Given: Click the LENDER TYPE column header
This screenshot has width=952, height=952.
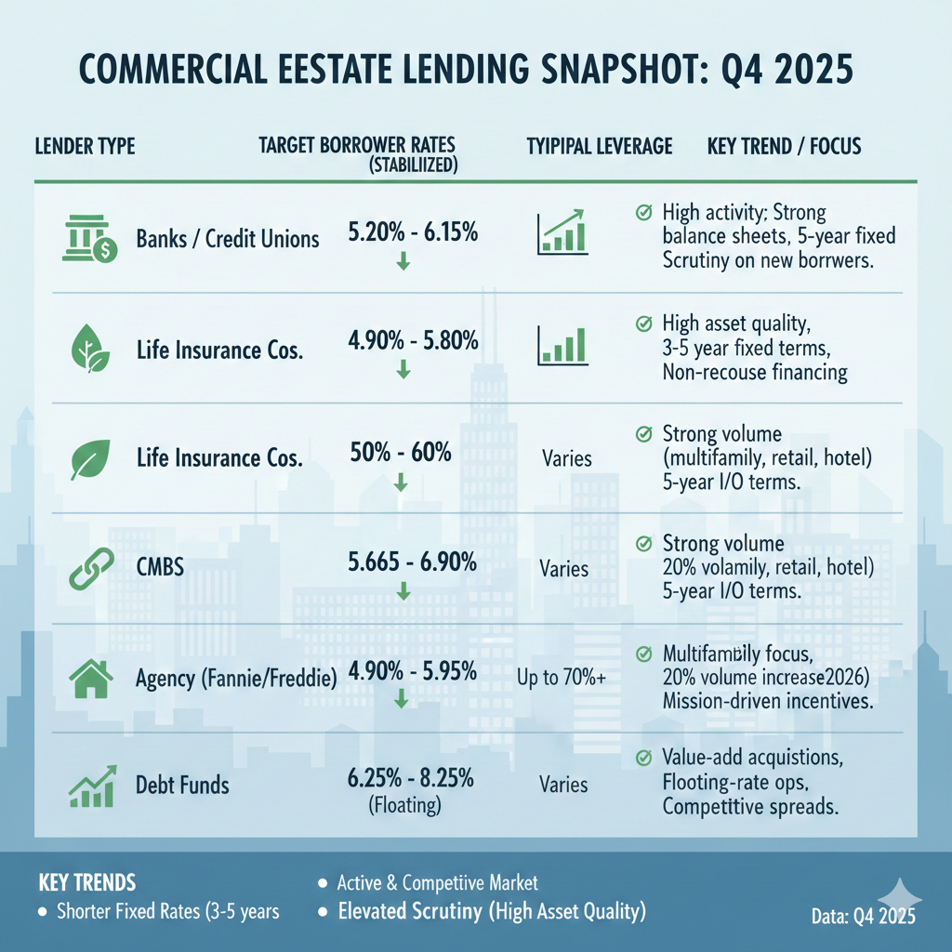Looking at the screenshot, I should click(x=85, y=146).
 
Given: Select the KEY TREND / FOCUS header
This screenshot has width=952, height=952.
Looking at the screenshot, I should click(x=784, y=146).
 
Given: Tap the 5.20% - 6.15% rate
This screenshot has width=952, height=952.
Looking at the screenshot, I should click(x=412, y=233).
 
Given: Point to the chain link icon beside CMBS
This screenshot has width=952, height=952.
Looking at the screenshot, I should click(x=90, y=566).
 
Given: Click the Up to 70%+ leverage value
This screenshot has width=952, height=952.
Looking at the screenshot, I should click(x=562, y=679).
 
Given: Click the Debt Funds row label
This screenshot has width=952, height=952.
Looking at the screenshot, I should click(x=182, y=787).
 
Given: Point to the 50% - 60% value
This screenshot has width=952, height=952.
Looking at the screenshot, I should click(x=401, y=454).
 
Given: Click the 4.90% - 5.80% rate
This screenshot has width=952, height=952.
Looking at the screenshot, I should click(x=412, y=341).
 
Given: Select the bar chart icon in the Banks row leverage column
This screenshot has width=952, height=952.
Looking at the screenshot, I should click(x=562, y=232).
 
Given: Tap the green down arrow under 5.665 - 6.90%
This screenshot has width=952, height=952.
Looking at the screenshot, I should click(x=403, y=590).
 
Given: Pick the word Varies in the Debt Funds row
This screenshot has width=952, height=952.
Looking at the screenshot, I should click(x=563, y=785).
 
